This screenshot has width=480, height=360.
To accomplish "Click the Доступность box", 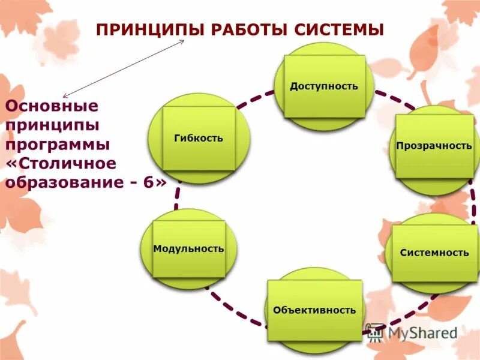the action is [324, 86].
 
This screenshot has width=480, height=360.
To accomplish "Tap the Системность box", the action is [434, 253].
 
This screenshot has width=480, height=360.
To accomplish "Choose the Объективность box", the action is [314, 310].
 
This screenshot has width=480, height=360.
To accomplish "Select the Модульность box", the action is [188, 248].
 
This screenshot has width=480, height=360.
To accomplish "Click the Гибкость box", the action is [199, 138].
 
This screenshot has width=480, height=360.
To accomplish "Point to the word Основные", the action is [52, 107].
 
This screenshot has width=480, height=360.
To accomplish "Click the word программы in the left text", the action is [58, 145].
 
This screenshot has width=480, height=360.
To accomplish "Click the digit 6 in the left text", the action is [148, 182].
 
